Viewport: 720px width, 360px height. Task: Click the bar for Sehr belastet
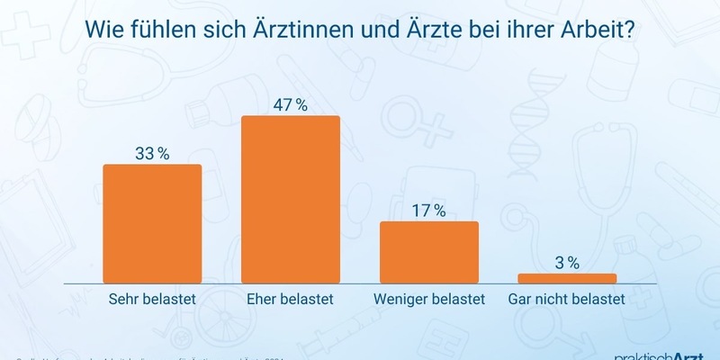click(x=153, y=225)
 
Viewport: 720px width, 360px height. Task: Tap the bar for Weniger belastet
click(x=429, y=253)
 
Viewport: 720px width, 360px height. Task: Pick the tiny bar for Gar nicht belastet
click(x=567, y=278)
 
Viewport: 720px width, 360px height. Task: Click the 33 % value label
click(x=152, y=153)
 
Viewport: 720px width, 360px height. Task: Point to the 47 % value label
click(x=291, y=105)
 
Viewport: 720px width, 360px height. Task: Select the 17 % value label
click(x=428, y=211)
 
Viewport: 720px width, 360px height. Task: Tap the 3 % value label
click(x=567, y=263)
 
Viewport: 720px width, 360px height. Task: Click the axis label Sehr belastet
click(x=152, y=299)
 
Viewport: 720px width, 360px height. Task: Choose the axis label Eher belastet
click(x=291, y=299)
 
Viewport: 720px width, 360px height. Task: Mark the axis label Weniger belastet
click(x=428, y=299)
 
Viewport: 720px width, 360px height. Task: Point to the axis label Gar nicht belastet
click(x=567, y=299)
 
